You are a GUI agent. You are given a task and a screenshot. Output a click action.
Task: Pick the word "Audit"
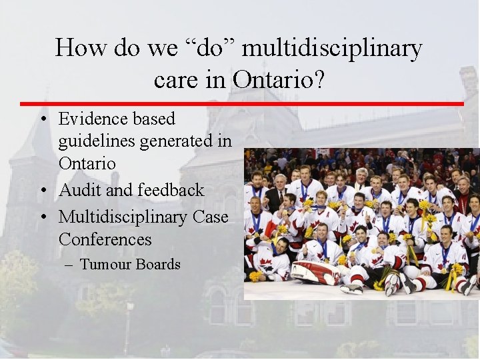click(x=81, y=190)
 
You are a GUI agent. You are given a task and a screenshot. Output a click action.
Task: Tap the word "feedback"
click(x=171, y=190)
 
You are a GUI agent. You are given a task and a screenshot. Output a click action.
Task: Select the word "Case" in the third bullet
click(x=209, y=217)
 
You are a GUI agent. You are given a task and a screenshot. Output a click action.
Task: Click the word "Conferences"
click(x=105, y=239)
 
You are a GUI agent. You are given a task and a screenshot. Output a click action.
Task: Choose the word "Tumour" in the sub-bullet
click(x=105, y=265)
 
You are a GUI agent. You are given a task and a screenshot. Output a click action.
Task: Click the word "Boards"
click(x=157, y=265)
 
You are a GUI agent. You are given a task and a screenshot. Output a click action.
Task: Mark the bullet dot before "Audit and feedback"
click(x=42, y=191)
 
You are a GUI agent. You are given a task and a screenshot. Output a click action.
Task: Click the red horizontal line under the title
click(x=240, y=104)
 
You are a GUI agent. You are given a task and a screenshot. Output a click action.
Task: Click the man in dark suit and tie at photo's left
click(x=275, y=193)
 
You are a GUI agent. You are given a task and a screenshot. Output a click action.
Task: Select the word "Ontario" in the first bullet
click(x=87, y=163)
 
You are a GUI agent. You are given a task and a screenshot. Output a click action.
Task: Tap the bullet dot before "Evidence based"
click(x=42, y=120)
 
